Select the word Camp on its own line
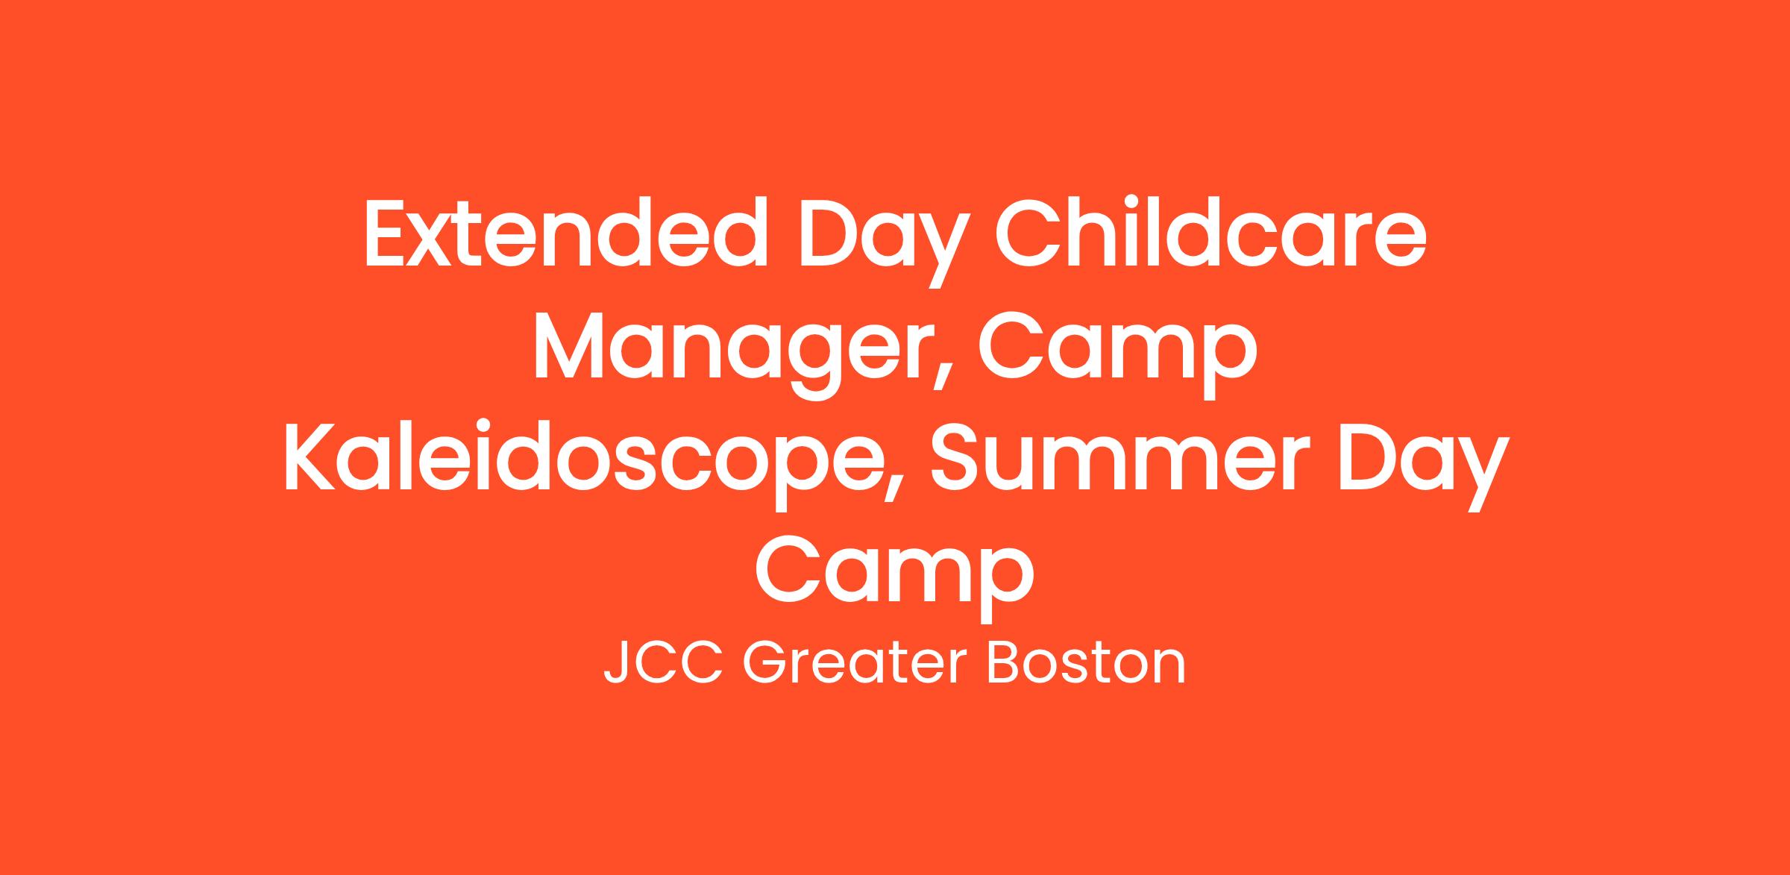[894, 576]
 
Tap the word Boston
[1086, 662]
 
